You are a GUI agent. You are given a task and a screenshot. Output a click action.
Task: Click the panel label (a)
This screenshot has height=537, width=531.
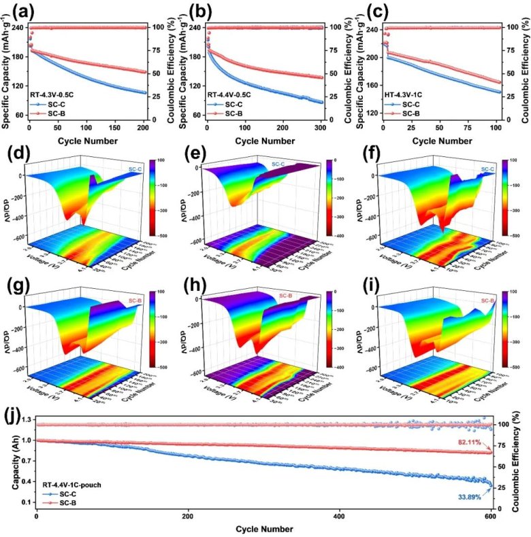coord(16,12)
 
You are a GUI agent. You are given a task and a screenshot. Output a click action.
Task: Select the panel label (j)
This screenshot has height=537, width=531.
coord(15,413)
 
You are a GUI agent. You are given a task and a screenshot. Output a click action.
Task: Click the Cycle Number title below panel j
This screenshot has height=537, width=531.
coord(265,529)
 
